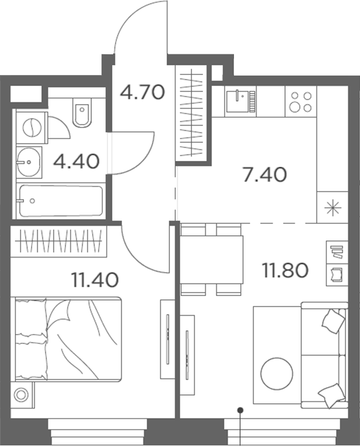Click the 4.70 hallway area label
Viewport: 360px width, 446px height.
[143, 92]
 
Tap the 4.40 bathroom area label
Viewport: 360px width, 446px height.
[76, 161]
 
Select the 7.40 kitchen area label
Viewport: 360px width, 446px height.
[264, 175]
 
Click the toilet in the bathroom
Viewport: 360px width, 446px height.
[82, 114]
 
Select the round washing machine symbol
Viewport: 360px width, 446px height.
[30, 127]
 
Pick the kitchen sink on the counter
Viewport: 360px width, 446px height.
[241, 101]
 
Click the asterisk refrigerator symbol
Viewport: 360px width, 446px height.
[332, 208]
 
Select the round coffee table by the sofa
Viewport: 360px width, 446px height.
[276, 373]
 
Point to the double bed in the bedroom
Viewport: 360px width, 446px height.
[68, 339]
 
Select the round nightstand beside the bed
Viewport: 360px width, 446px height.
[24, 392]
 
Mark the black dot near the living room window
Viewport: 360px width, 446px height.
[240, 409]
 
